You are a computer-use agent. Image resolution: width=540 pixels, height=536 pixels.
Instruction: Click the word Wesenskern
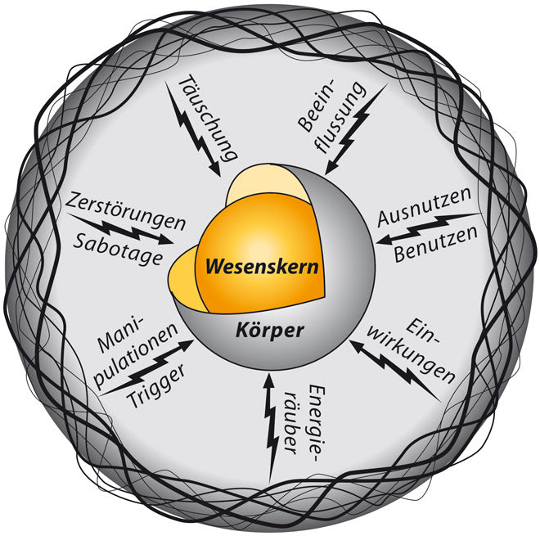point(261,267)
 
